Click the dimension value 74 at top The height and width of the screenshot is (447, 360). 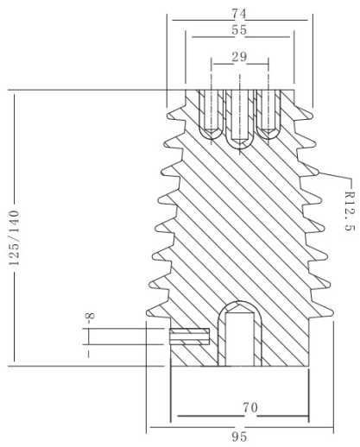(239, 14)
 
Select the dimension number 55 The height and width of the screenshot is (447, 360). (239, 30)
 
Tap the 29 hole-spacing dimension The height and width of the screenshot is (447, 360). (239, 57)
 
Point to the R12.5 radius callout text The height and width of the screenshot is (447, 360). (349, 211)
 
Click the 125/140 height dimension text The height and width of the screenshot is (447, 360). (14, 238)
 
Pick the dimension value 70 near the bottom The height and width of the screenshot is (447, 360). (250, 407)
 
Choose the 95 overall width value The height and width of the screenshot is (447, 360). (239, 437)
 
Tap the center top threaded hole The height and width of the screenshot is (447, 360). (240, 119)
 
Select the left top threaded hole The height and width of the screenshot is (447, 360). (212, 115)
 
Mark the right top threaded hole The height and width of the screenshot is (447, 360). (268, 115)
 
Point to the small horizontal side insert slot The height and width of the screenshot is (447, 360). (189, 337)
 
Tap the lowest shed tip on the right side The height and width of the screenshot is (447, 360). (332, 312)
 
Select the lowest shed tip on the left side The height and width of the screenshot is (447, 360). (148, 313)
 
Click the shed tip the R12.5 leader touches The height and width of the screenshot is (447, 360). (317, 173)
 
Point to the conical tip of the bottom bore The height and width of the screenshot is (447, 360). (240, 308)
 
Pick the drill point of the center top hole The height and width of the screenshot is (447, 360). (240, 142)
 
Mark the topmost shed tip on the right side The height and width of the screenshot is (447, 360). (311, 116)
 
